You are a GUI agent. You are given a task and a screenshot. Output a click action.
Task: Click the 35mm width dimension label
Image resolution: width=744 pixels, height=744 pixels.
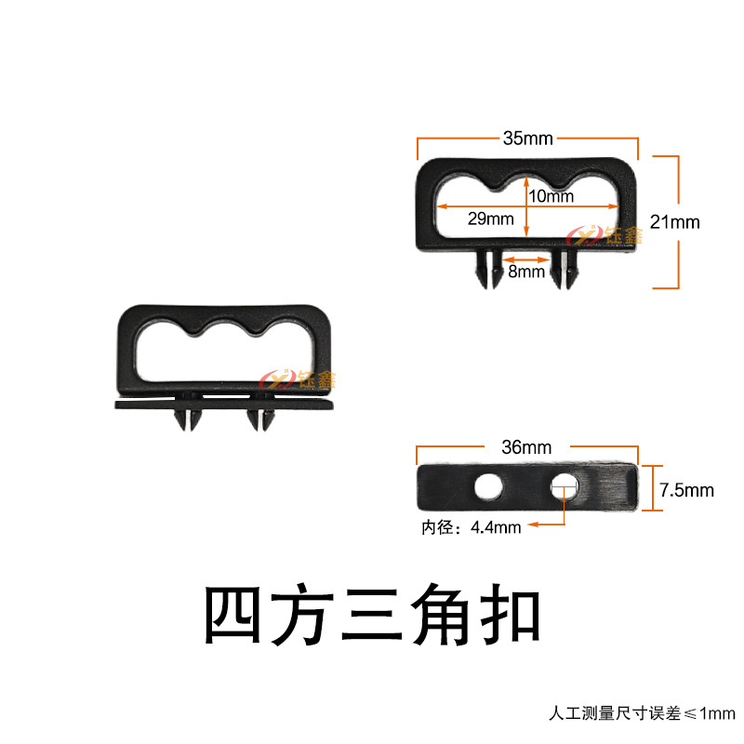pos(527,139)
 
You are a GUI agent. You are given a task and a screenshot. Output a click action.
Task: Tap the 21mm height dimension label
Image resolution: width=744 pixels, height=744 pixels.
pos(675,222)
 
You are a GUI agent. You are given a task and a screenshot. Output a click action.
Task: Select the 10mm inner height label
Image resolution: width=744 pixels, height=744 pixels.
pos(551,196)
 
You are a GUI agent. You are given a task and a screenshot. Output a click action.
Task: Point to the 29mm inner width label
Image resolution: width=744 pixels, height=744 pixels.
pos(490,219)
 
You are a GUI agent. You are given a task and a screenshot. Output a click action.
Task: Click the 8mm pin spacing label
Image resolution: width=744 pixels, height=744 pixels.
pos(525,272)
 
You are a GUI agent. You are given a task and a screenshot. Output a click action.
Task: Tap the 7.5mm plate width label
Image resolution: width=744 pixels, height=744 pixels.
pos(686,489)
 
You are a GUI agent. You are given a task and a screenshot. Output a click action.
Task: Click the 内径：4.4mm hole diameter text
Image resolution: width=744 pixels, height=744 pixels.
pos(471,527)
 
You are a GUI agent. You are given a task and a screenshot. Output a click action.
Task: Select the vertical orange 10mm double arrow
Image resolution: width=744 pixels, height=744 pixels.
pos(527,206)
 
